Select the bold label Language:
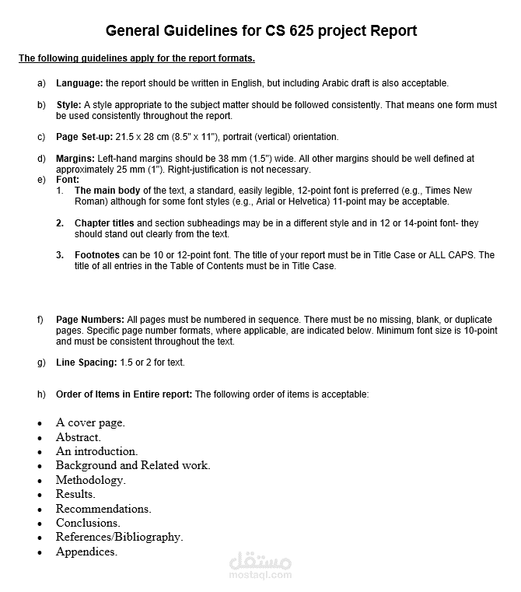pos(79,83)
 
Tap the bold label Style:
pos(68,104)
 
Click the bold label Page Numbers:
pos(90,320)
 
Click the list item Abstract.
pos(78,437)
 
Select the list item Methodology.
pos(90,480)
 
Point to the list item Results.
pos(75,494)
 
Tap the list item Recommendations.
pos(103,509)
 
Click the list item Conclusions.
pos(88,523)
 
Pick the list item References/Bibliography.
pos(119,537)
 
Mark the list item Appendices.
pos(86,552)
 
